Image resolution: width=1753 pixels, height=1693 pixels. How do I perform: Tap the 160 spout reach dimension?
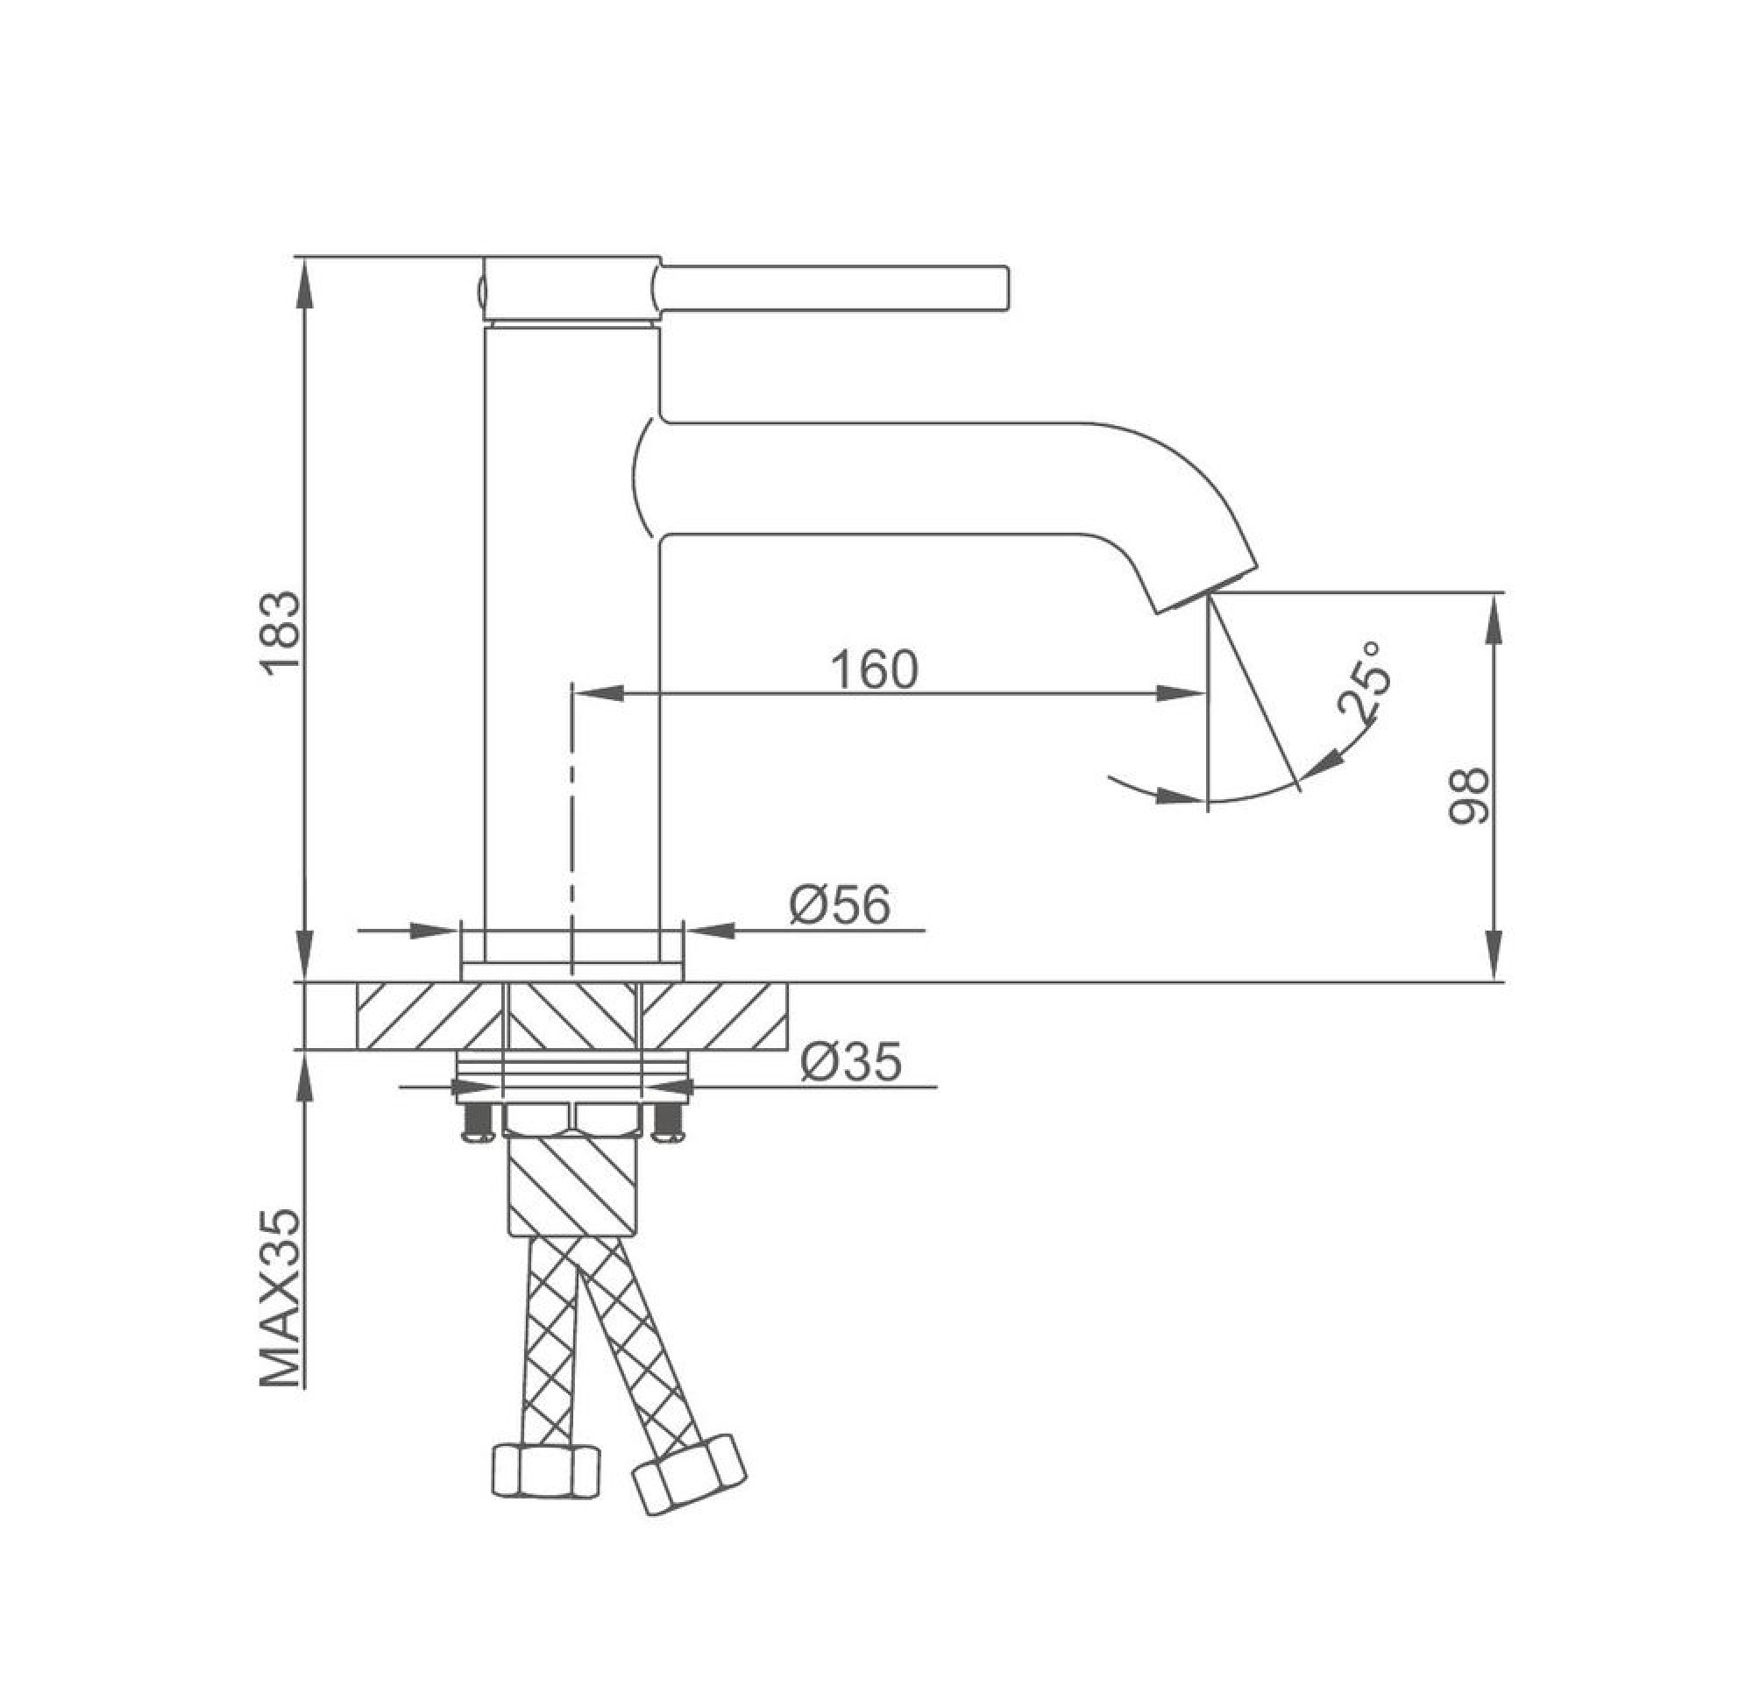point(875,669)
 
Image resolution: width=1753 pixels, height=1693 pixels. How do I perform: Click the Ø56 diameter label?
point(840,904)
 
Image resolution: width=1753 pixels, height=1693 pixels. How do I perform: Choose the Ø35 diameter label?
point(850,1062)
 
